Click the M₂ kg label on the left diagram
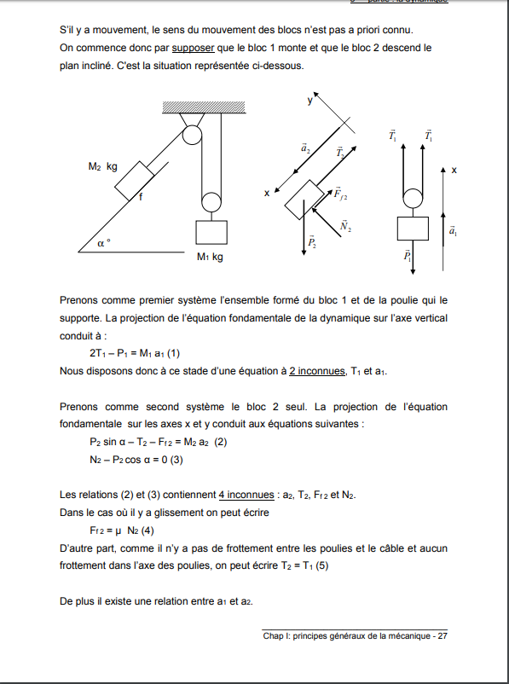point(102,166)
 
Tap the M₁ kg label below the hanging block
point(210,257)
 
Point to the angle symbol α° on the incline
point(103,243)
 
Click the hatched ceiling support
point(204,107)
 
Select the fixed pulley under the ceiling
point(192,135)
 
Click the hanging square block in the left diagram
point(211,232)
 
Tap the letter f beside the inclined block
point(141,197)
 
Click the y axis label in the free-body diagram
point(309,101)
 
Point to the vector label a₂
point(306,148)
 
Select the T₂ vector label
point(340,153)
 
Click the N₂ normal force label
point(346,226)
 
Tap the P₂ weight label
point(312,242)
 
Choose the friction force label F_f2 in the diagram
point(341,194)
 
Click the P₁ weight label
point(407,256)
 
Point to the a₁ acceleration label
point(453,230)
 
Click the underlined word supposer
point(194,48)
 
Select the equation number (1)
point(173,353)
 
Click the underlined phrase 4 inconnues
point(246,496)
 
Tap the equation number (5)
point(321,565)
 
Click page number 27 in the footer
point(442,636)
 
